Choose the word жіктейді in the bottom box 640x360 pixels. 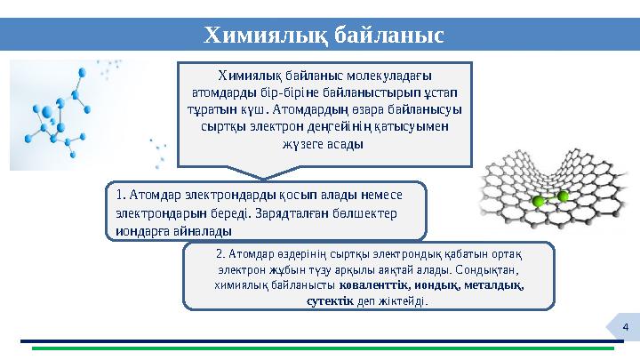[x=400, y=300]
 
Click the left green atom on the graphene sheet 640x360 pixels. [x=538, y=203]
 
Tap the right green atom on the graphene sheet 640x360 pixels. [x=563, y=196]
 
